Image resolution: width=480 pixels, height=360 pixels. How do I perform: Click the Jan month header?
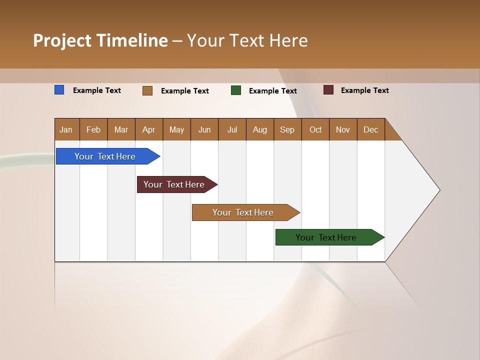(x=66, y=129)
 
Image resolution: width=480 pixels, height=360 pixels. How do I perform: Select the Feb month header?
(x=93, y=129)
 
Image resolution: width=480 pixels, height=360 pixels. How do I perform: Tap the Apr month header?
(x=148, y=129)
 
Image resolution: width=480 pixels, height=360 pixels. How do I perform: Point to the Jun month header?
(x=204, y=129)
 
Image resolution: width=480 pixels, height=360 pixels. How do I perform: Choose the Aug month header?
(x=259, y=129)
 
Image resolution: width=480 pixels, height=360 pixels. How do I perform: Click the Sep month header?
(x=287, y=129)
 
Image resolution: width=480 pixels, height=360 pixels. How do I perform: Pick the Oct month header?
(x=315, y=129)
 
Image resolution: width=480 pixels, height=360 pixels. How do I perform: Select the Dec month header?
(x=370, y=129)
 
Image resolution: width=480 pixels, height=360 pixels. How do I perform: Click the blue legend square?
(x=59, y=90)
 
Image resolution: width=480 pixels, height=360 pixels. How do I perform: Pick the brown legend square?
(x=147, y=90)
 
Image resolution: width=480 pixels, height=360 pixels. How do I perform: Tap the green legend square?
(x=236, y=90)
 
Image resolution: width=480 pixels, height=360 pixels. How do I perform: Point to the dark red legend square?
(x=328, y=90)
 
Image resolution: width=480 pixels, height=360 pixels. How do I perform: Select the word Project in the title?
(x=62, y=40)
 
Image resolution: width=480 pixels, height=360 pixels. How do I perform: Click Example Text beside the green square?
(x=272, y=91)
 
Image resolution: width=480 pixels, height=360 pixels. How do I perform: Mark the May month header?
(x=176, y=129)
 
